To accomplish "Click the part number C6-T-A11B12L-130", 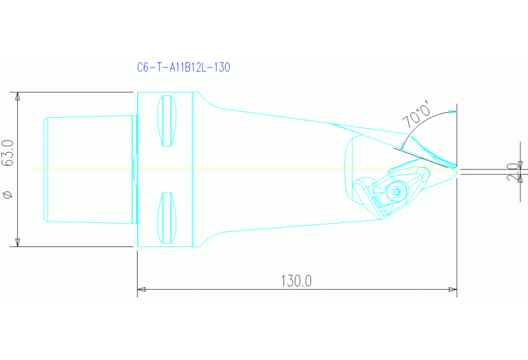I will [183, 67].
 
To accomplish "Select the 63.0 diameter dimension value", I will [9, 153].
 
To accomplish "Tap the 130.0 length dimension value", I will [296, 281].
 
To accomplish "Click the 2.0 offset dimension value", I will [512, 172].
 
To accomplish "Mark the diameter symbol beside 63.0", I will [8, 195].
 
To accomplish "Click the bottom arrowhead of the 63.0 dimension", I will [17, 242].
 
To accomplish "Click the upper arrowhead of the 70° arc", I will [452, 112].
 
